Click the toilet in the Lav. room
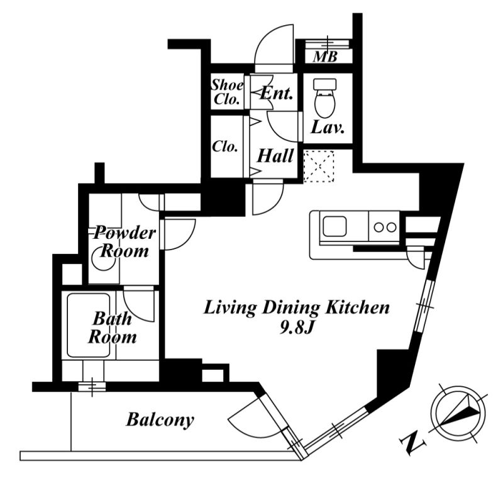point(324,98)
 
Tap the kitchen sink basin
point(334,226)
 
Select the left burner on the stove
point(379,228)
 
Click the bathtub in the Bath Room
point(89,325)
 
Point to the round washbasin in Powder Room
point(103,258)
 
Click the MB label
point(325,57)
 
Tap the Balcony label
point(160,420)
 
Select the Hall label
point(275,156)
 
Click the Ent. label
point(277,93)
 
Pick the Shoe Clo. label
point(227,92)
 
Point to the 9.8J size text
point(296,328)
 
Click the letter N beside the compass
point(413,443)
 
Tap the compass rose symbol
point(458,413)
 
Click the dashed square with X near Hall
point(319,166)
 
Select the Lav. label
point(327,128)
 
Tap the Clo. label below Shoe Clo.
point(225,147)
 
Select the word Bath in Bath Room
point(113,319)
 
